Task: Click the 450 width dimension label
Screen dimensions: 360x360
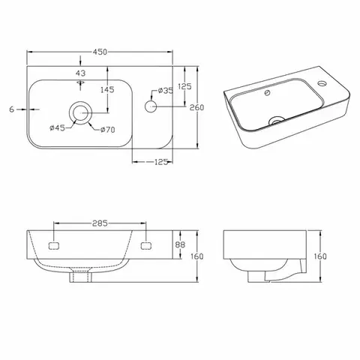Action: click(x=100, y=52)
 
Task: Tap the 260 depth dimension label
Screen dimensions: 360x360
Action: click(x=196, y=107)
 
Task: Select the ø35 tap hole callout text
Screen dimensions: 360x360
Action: click(x=166, y=91)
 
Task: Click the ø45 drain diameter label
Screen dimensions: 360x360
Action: click(x=57, y=128)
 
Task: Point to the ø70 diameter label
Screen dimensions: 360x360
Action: click(x=108, y=130)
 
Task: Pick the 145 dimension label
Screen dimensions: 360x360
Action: click(x=107, y=89)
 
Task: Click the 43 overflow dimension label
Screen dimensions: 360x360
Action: click(x=80, y=73)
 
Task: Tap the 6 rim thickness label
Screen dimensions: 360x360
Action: click(x=11, y=109)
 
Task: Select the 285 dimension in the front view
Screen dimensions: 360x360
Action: click(x=100, y=223)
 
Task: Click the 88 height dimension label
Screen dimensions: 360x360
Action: click(x=180, y=244)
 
